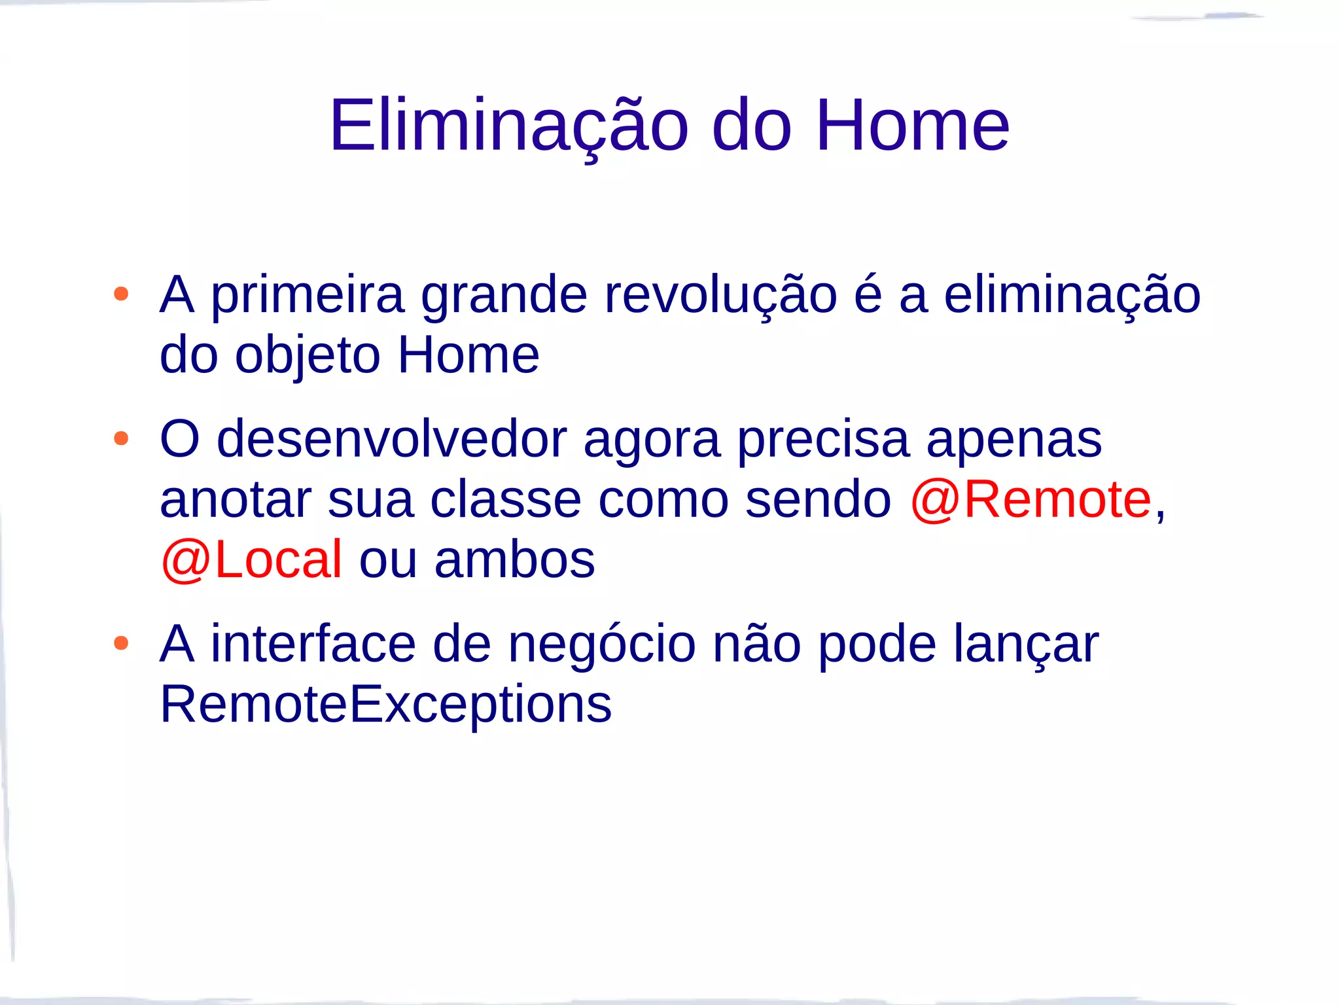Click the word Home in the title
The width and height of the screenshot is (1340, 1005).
[x=912, y=126]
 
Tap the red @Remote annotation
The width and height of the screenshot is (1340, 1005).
[x=1030, y=500]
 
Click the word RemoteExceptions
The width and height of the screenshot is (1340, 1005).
[x=386, y=705]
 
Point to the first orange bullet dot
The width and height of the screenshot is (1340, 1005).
[x=121, y=294]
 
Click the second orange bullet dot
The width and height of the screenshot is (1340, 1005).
[x=121, y=438]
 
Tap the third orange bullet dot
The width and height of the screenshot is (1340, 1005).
[x=121, y=643]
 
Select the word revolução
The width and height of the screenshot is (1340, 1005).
[x=720, y=296]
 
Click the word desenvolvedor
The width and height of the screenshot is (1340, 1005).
[x=391, y=440]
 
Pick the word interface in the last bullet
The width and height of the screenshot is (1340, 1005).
[x=313, y=644]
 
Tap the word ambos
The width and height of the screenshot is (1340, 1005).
[x=515, y=560]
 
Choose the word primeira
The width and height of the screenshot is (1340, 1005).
[x=308, y=296]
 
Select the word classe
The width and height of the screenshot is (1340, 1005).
[x=506, y=500]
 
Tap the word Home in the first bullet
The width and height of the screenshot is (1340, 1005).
[x=468, y=355]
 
